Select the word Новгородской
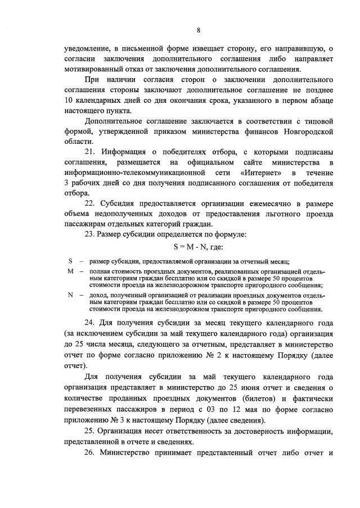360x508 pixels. [307, 131]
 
